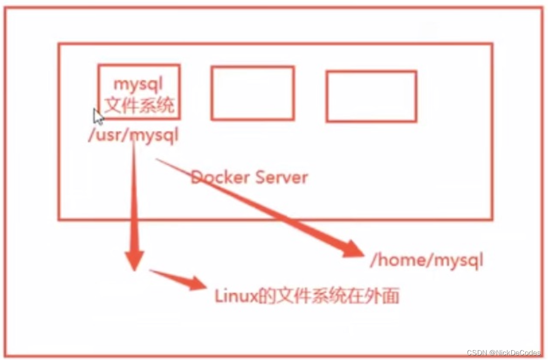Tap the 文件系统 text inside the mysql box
click(139, 105)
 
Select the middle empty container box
click(252, 93)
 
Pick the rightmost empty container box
click(371, 96)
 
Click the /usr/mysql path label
click(133, 136)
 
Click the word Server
click(282, 177)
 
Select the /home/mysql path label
click(427, 260)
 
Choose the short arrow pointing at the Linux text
click(179, 279)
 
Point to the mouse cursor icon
click(98, 116)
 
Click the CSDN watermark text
click(477, 353)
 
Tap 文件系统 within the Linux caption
click(312, 296)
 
